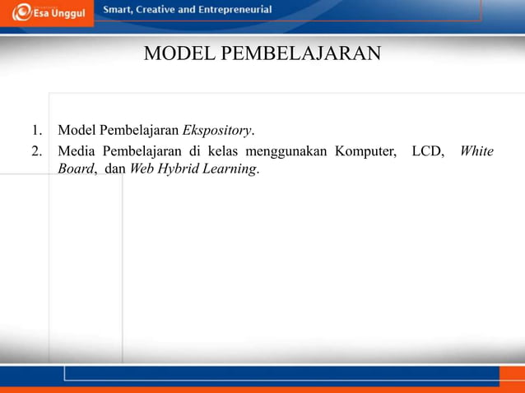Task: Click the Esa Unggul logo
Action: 49,13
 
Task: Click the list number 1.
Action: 36,131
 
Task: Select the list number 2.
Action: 36,150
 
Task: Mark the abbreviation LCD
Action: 429,150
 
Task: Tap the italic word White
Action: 476,150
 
